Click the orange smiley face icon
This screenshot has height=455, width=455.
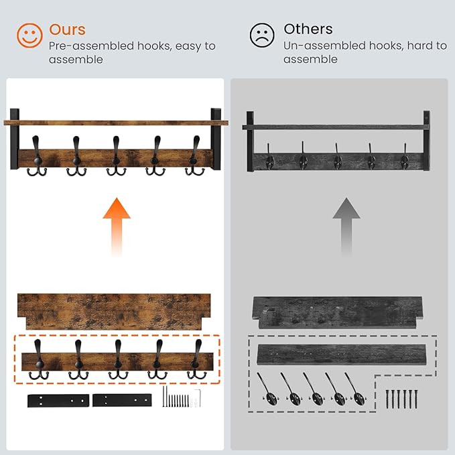click(29, 36)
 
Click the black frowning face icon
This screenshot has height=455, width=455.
click(262, 35)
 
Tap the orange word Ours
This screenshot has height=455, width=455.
click(67, 29)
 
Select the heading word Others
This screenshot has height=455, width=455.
click(308, 29)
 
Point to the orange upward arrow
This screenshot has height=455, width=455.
click(117, 226)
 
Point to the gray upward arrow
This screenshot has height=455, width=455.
click(346, 226)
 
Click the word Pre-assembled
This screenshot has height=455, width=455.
click(91, 46)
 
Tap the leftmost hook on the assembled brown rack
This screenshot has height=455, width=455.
click(37, 156)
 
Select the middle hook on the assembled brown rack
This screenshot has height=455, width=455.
click(116, 156)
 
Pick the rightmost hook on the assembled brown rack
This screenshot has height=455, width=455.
click(195, 156)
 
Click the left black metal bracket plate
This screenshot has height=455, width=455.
click(58, 401)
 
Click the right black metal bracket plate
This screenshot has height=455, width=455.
click(122, 400)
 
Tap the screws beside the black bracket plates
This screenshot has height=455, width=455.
click(182, 397)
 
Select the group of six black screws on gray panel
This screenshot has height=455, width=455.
click(401, 399)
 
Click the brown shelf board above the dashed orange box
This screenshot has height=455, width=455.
click(114, 312)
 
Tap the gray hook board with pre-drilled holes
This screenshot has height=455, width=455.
click(342, 355)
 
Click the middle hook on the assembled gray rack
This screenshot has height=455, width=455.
click(337, 157)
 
